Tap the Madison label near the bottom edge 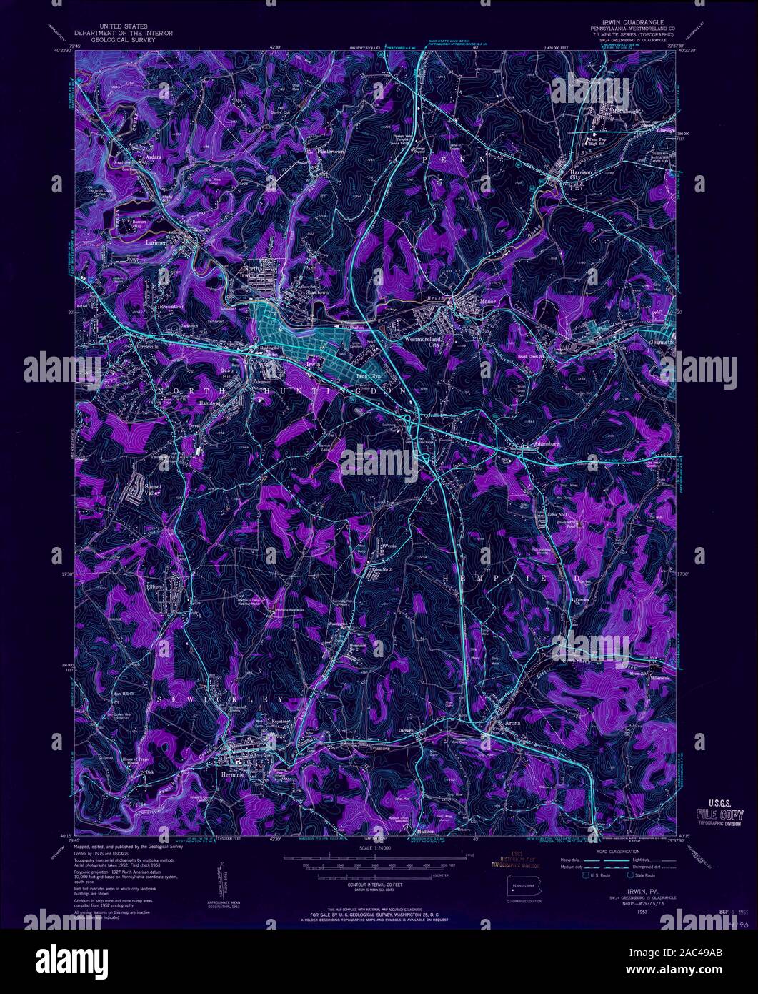426,832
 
